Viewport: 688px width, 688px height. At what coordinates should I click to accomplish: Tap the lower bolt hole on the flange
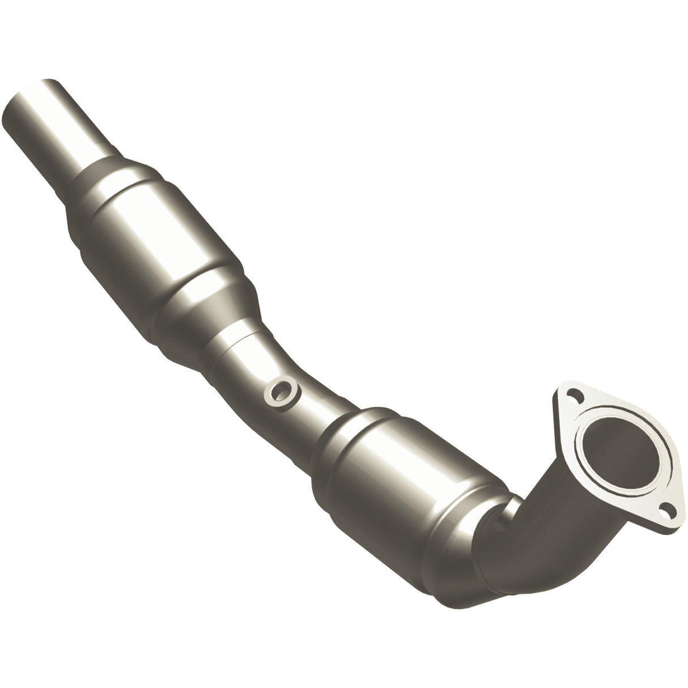click(664, 513)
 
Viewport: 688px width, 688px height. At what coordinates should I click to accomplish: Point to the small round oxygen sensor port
click(282, 391)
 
